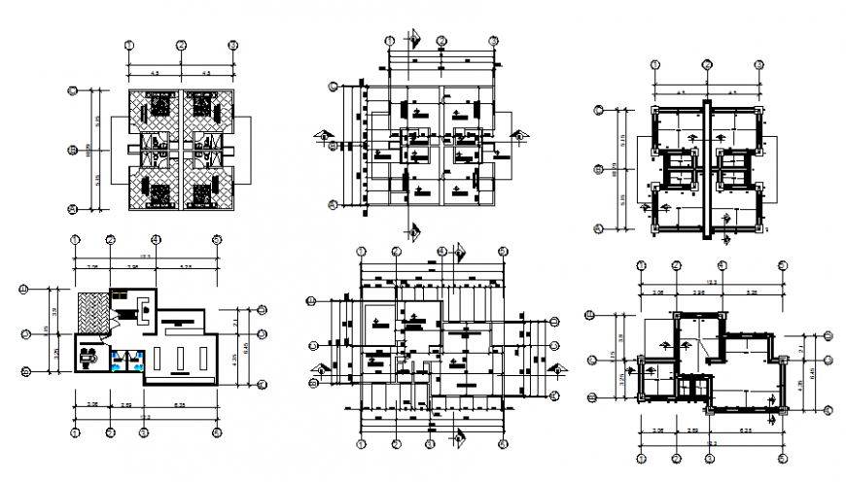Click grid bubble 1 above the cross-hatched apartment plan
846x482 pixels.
(x=129, y=45)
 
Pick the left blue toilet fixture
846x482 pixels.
(x=118, y=357)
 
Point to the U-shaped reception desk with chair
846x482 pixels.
(x=142, y=308)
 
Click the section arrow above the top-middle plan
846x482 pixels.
(x=414, y=38)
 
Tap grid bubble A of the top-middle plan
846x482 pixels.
(x=334, y=205)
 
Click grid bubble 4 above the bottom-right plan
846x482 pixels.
(x=722, y=263)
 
